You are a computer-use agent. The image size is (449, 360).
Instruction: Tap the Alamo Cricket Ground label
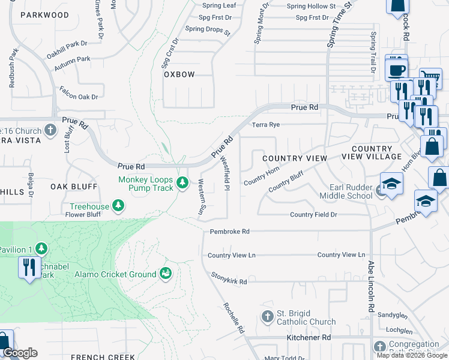pos(115,275)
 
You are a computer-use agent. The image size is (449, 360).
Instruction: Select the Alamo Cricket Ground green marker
pos(164,274)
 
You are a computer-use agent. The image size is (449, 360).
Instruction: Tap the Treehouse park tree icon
pos(119,206)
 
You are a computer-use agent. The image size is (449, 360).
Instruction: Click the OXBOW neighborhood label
pos(179,74)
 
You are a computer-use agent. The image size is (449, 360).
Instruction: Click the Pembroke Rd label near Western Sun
pos(229,232)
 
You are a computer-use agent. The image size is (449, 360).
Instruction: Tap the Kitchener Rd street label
pos(309,338)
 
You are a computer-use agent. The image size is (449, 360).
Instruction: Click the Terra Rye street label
pos(266,125)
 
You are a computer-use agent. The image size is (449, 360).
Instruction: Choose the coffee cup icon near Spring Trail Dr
pos(396,69)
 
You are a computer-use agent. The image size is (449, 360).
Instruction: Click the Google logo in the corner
pos(20,353)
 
